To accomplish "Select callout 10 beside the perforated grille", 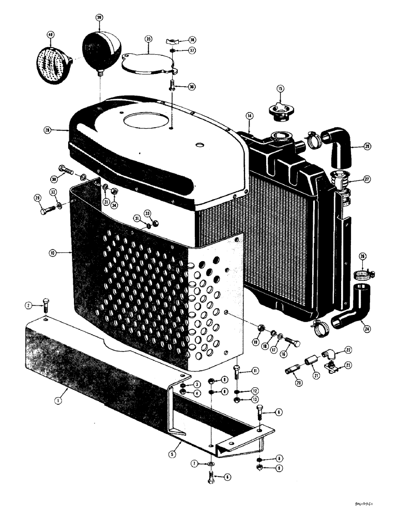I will tap(52, 253).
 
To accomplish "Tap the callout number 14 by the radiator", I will tap(250, 116).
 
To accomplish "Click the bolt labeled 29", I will tap(47, 210).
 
